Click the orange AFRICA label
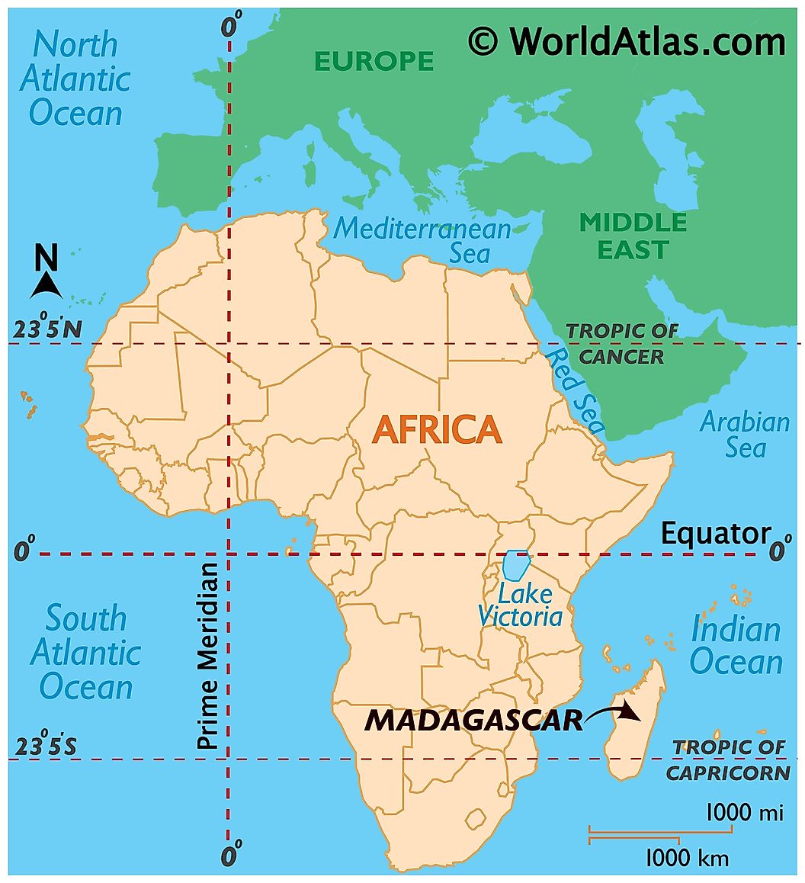click(437, 430)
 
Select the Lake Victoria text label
click(520, 605)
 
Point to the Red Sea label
click(576, 390)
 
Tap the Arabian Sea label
click(745, 434)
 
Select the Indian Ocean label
click(736, 647)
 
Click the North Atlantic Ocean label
click(75, 79)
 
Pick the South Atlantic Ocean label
click(85, 652)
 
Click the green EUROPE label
click(374, 61)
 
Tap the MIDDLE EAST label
click(633, 236)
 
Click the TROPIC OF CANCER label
click(621, 343)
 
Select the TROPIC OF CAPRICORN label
click(728, 759)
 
